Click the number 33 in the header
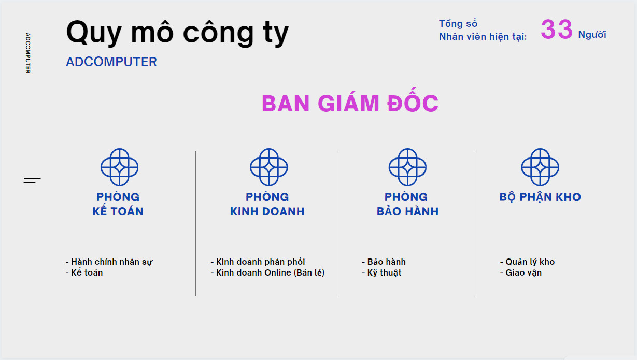click(557, 29)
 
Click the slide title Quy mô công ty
click(177, 33)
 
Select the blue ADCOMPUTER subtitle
click(111, 62)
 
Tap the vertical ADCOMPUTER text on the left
click(28, 53)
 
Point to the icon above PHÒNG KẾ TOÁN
click(119, 167)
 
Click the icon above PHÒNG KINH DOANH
click(268, 167)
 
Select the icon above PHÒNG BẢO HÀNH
click(407, 167)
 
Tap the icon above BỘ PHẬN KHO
click(540, 167)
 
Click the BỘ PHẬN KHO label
click(540, 197)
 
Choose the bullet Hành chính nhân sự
click(109, 262)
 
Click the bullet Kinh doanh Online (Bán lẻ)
click(267, 273)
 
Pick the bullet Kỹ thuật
click(381, 273)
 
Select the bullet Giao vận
click(521, 273)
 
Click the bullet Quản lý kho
click(527, 262)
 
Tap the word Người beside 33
click(592, 34)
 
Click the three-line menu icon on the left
click(32, 180)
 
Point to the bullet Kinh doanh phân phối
click(258, 262)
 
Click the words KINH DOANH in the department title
click(267, 212)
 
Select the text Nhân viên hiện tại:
click(483, 37)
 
